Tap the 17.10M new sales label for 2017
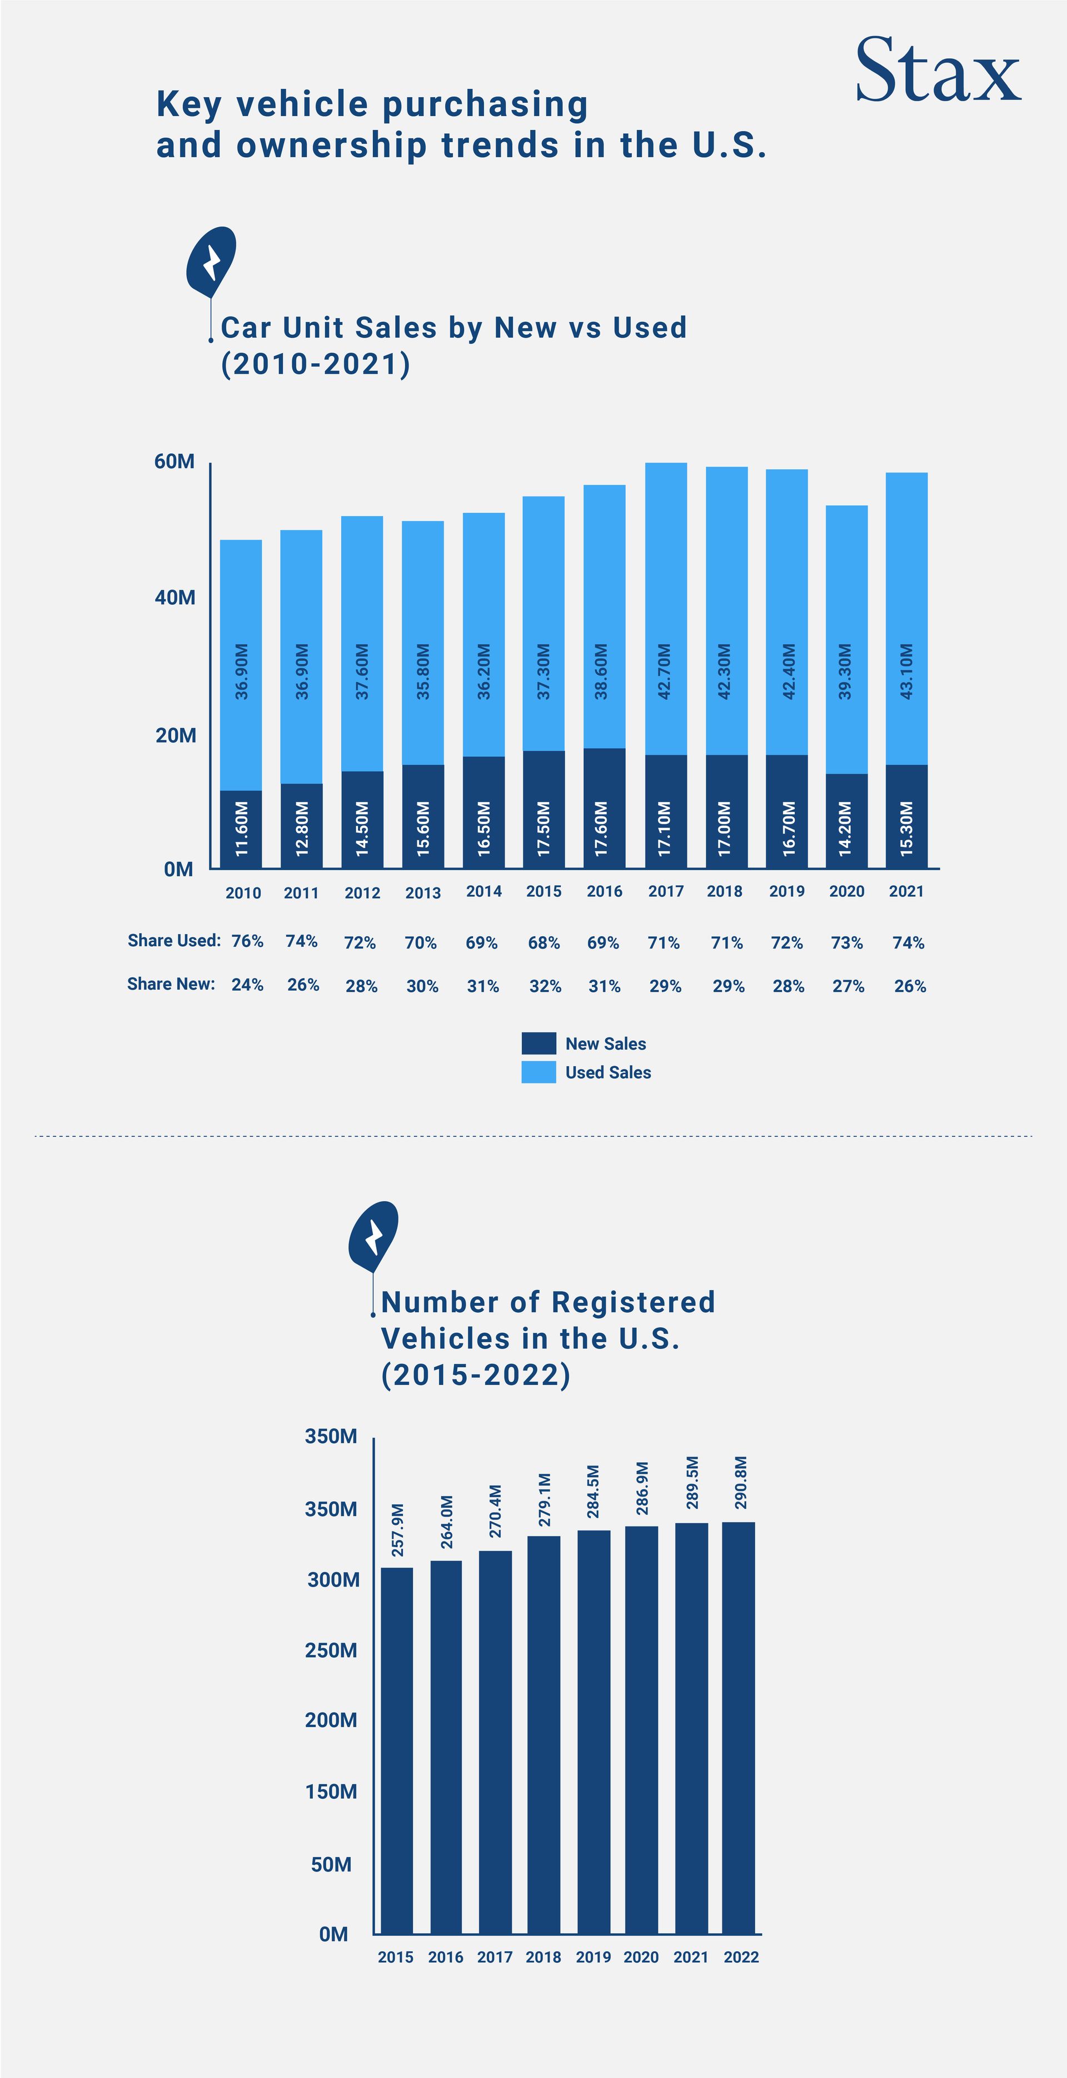[x=664, y=829]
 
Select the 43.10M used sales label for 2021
[x=906, y=671]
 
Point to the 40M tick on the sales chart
[x=175, y=598]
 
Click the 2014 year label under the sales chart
[x=483, y=891]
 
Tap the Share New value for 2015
[x=545, y=986]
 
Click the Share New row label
[x=171, y=984]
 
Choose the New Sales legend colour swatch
[x=539, y=1043]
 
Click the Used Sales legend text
[x=608, y=1072]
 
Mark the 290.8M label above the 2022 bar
[x=741, y=1483]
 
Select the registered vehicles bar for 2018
[x=543, y=1734]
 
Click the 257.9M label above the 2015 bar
[x=397, y=1530]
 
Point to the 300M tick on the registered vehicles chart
[x=332, y=1579]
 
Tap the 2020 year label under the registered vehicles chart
[x=641, y=1957]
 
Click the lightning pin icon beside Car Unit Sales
[x=212, y=260]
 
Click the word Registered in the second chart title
[x=633, y=1302]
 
